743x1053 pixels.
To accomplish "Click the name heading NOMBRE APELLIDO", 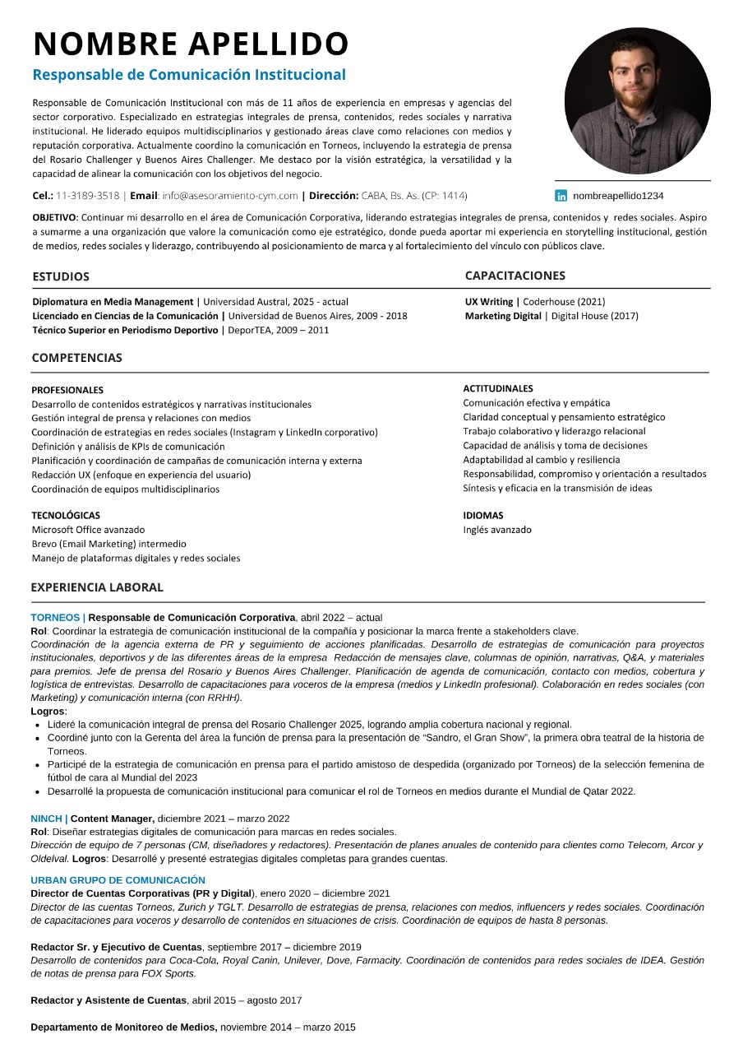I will pos(191,44).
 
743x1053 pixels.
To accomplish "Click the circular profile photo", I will pos(637,100).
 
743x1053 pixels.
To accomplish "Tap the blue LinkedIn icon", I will pos(561,196).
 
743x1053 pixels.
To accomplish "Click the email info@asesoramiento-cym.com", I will pos(230,196).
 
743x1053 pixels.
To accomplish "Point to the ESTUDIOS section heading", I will pos(61,276).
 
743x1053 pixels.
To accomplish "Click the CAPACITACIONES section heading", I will pos(515,276).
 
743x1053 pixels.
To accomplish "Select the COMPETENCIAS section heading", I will pos(76,358).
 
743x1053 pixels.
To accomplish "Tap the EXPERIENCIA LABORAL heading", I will pos(97,587).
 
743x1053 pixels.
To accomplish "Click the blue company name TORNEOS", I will pos(55,617).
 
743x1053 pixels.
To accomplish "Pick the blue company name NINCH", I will pos(47,819).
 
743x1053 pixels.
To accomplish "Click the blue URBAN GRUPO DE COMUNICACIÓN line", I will pos(118,879).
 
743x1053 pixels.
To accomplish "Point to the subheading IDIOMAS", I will pos(483,516).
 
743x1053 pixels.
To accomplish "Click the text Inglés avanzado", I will pos(497,530).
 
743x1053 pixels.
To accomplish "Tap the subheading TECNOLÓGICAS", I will pos(66,516).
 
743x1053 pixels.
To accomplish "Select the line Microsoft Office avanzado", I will pos(88,530).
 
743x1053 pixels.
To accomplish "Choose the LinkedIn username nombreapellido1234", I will pos(618,196).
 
